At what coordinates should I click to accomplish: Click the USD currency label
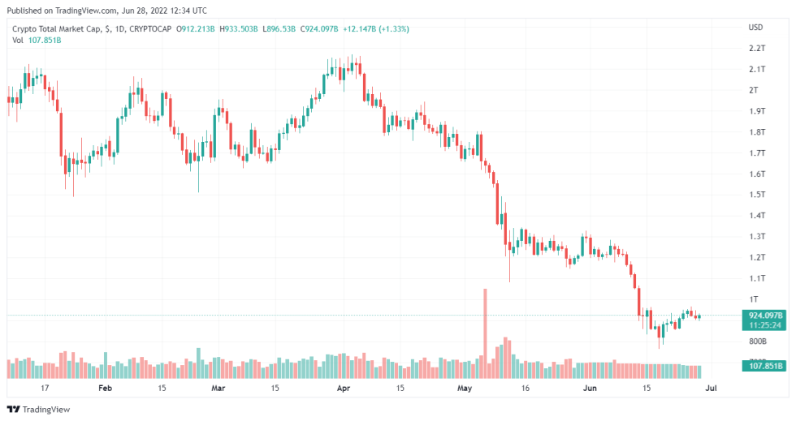click(755, 28)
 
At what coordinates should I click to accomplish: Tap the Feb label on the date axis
click(104, 389)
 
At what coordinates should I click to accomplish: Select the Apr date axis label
click(343, 389)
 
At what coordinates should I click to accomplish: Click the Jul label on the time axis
click(712, 389)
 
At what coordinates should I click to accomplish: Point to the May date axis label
click(464, 389)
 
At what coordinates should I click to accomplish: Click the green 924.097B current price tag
click(764, 315)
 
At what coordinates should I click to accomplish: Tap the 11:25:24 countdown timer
click(764, 325)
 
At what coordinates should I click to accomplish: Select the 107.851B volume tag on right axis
click(764, 367)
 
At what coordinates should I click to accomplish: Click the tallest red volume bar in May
click(485, 333)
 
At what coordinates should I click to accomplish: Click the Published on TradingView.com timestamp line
click(106, 11)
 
